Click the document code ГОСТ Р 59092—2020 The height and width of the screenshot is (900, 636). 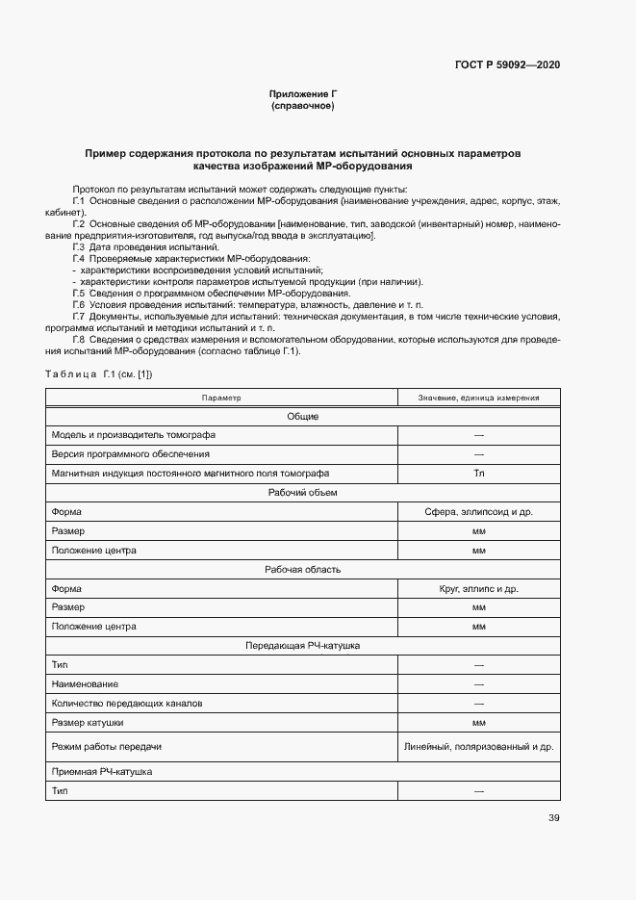[x=507, y=65]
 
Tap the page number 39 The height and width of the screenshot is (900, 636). [x=554, y=818]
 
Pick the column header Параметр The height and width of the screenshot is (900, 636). [x=221, y=398]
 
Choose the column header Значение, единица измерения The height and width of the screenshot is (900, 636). [x=478, y=398]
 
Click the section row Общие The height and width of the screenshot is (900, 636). [x=302, y=417]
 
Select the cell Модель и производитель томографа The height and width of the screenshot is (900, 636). [x=134, y=435]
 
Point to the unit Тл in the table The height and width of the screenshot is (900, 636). [x=478, y=474]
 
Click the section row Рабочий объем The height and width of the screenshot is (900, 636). [x=302, y=493]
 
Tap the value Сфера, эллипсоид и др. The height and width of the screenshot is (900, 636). [x=478, y=512]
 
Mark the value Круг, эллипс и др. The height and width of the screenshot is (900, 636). [x=478, y=588]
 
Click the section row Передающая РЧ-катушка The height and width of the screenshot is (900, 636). [x=302, y=646]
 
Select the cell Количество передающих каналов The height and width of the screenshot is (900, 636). [x=127, y=703]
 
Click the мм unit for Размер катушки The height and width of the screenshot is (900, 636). [x=478, y=722]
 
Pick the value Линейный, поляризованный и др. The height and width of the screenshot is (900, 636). [x=478, y=746]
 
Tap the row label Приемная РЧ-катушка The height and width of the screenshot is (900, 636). [x=102, y=772]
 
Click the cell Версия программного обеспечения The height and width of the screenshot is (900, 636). [x=131, y=454]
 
